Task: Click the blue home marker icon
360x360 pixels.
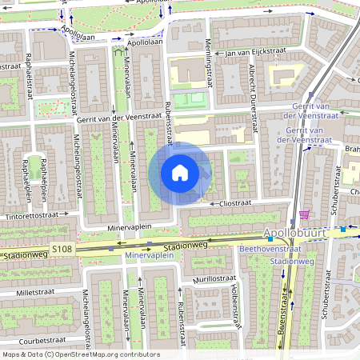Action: tap(180, 173)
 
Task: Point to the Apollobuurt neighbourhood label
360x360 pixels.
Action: tap(295, 233)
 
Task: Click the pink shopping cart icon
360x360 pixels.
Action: tap(304, 214)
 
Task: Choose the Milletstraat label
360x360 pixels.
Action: tap(30, 294)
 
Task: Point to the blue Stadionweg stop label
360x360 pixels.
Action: tap(286, 262)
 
